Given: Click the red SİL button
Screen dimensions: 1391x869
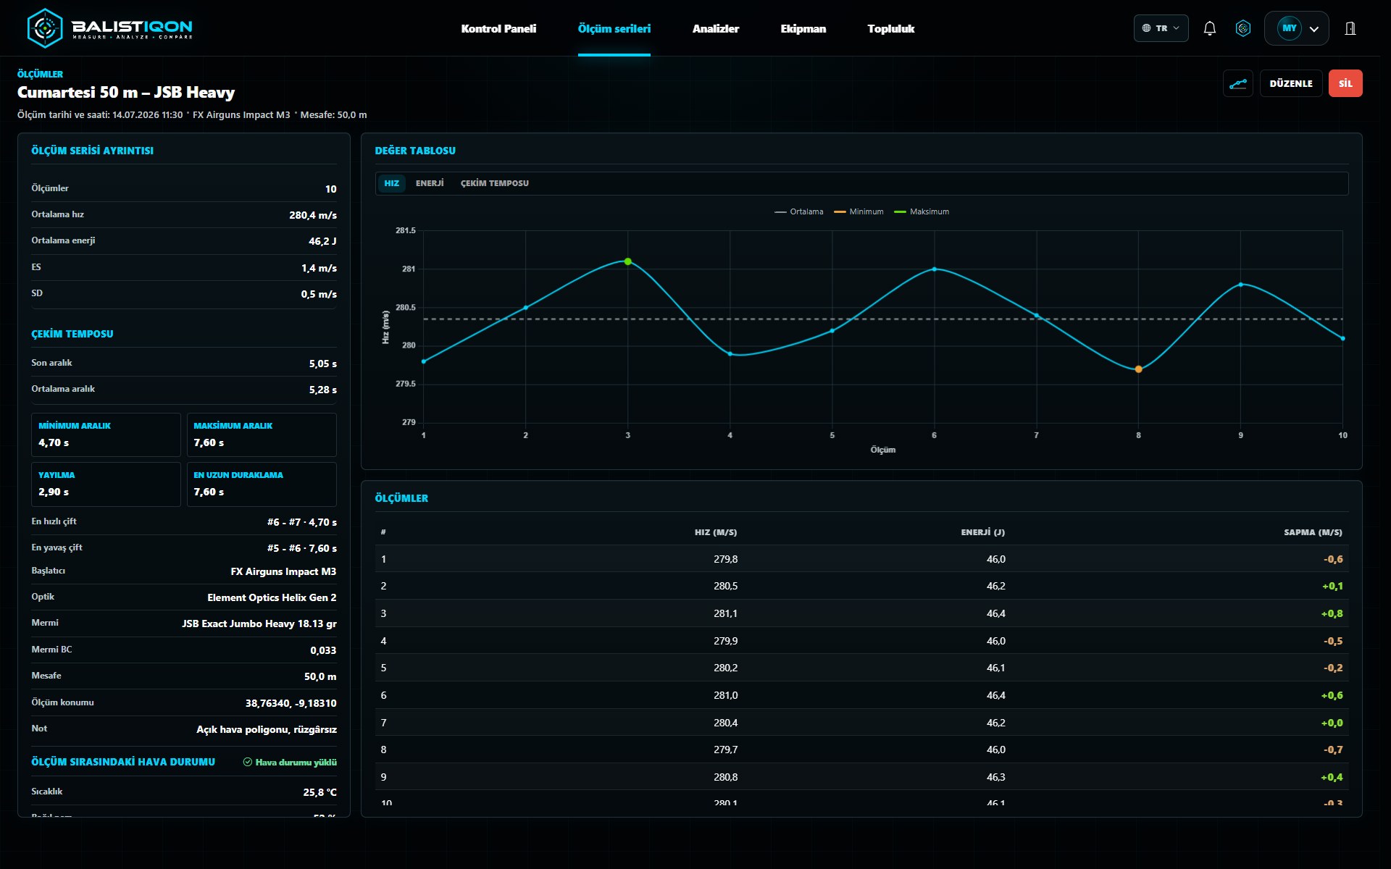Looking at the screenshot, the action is [x=1345, y=83].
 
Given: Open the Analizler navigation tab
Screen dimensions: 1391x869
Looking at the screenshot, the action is [x=715, y=29].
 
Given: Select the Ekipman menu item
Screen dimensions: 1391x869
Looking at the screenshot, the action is [x=803, y=29].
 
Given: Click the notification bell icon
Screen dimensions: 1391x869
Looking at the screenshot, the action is [x=1209, y=28].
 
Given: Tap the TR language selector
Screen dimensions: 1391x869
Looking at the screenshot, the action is [x=1161, y=28].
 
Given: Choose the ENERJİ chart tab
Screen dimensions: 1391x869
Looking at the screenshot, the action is [x=430, y=183].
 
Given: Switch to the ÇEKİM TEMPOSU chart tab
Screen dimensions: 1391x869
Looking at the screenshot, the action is [x=495, y=183].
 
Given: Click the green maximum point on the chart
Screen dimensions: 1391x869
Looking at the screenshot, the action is [x=628, y=261].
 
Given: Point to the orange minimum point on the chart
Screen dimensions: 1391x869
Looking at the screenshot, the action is [x=1138, y=369].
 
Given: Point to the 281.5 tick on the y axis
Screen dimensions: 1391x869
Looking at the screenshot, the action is [x=406, y=230].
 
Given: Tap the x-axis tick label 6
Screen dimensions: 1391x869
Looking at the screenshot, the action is [x=934, y=435].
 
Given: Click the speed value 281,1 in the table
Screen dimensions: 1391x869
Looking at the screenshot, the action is [x=725, y=613].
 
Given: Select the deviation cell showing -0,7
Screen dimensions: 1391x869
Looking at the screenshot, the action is [x=1333, y=750].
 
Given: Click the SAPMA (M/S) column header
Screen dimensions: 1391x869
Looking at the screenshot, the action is [x=1313, y=532].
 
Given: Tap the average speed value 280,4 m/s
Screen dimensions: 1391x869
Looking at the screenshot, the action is [x=313, y=215].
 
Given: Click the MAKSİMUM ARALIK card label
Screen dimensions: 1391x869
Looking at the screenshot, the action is [x=233, y=426].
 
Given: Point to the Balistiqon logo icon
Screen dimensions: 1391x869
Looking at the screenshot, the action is [x=45, y=28].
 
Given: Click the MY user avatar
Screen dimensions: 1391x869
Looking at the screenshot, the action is [x=1290, y=28].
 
